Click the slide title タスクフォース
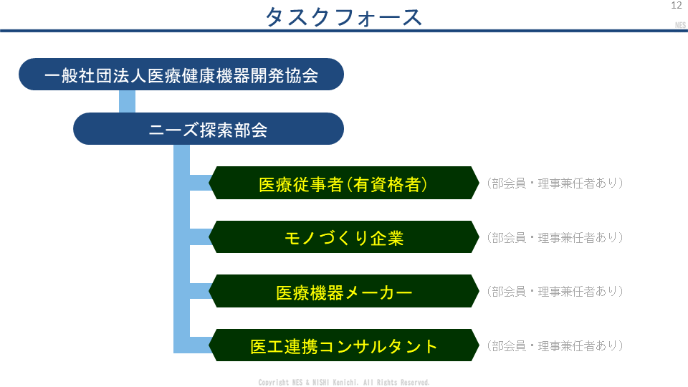[343, 17]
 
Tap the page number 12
[676, 5]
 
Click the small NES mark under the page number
[680, 25]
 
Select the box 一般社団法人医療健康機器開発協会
[181, 74]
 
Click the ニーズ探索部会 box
[209, 128]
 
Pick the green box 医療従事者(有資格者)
[343, 183]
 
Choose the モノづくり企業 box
[343, 237]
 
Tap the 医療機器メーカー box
[343, 291]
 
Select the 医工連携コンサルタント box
[343, 345]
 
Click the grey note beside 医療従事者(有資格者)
[555, 183]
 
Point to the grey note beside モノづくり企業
[555, 237]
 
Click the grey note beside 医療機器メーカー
[555, 292]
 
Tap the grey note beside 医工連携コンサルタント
[555, 345]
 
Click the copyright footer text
[343, 383]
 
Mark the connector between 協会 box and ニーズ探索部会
[128, 101]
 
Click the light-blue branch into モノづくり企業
[201, 237]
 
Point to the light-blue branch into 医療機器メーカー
[201, 291]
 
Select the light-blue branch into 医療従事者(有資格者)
[201, 183]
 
